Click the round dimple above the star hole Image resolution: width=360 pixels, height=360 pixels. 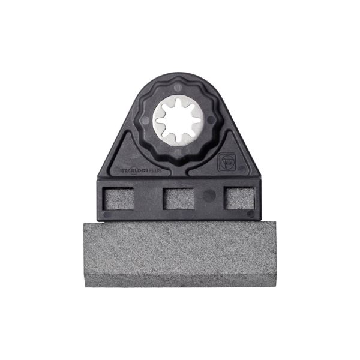(178, 88)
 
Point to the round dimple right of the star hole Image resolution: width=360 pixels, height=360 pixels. (211, 119)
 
